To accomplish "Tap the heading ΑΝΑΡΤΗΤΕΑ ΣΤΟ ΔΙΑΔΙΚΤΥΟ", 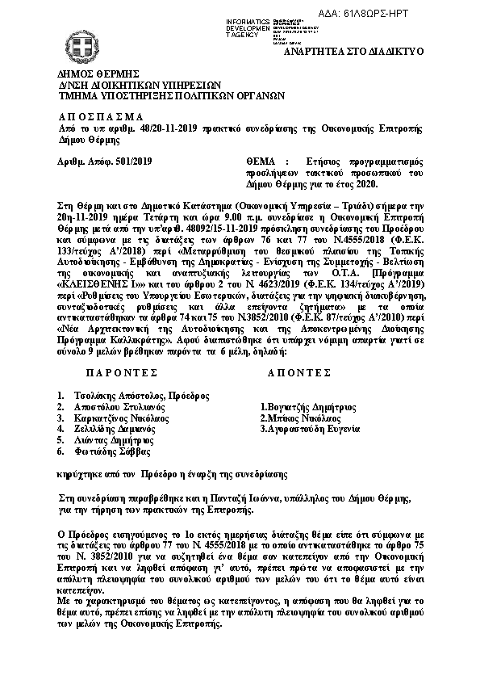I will pyautogui.click(x=372, y=51).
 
